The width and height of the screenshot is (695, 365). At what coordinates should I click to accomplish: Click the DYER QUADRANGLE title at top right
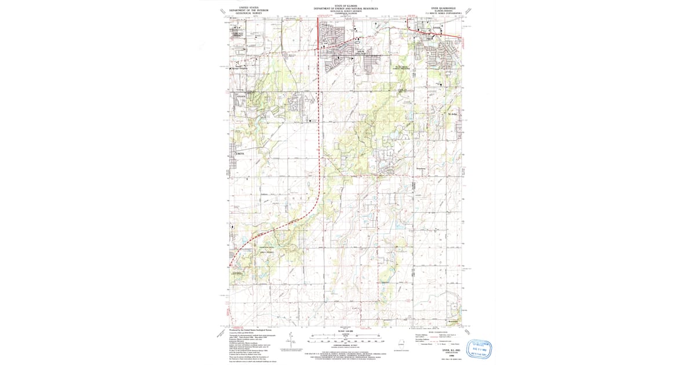coord(444,7)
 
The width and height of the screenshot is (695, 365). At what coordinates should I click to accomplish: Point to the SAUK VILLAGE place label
coord(360,52)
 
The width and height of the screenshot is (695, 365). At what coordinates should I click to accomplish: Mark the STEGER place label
coord(241,97)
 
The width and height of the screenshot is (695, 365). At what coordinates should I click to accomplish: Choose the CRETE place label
coord(241,154)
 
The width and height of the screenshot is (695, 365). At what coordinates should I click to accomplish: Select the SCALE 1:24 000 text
coord(346,331)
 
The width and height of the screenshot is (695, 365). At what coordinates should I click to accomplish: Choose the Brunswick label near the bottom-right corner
coord(455,322)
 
